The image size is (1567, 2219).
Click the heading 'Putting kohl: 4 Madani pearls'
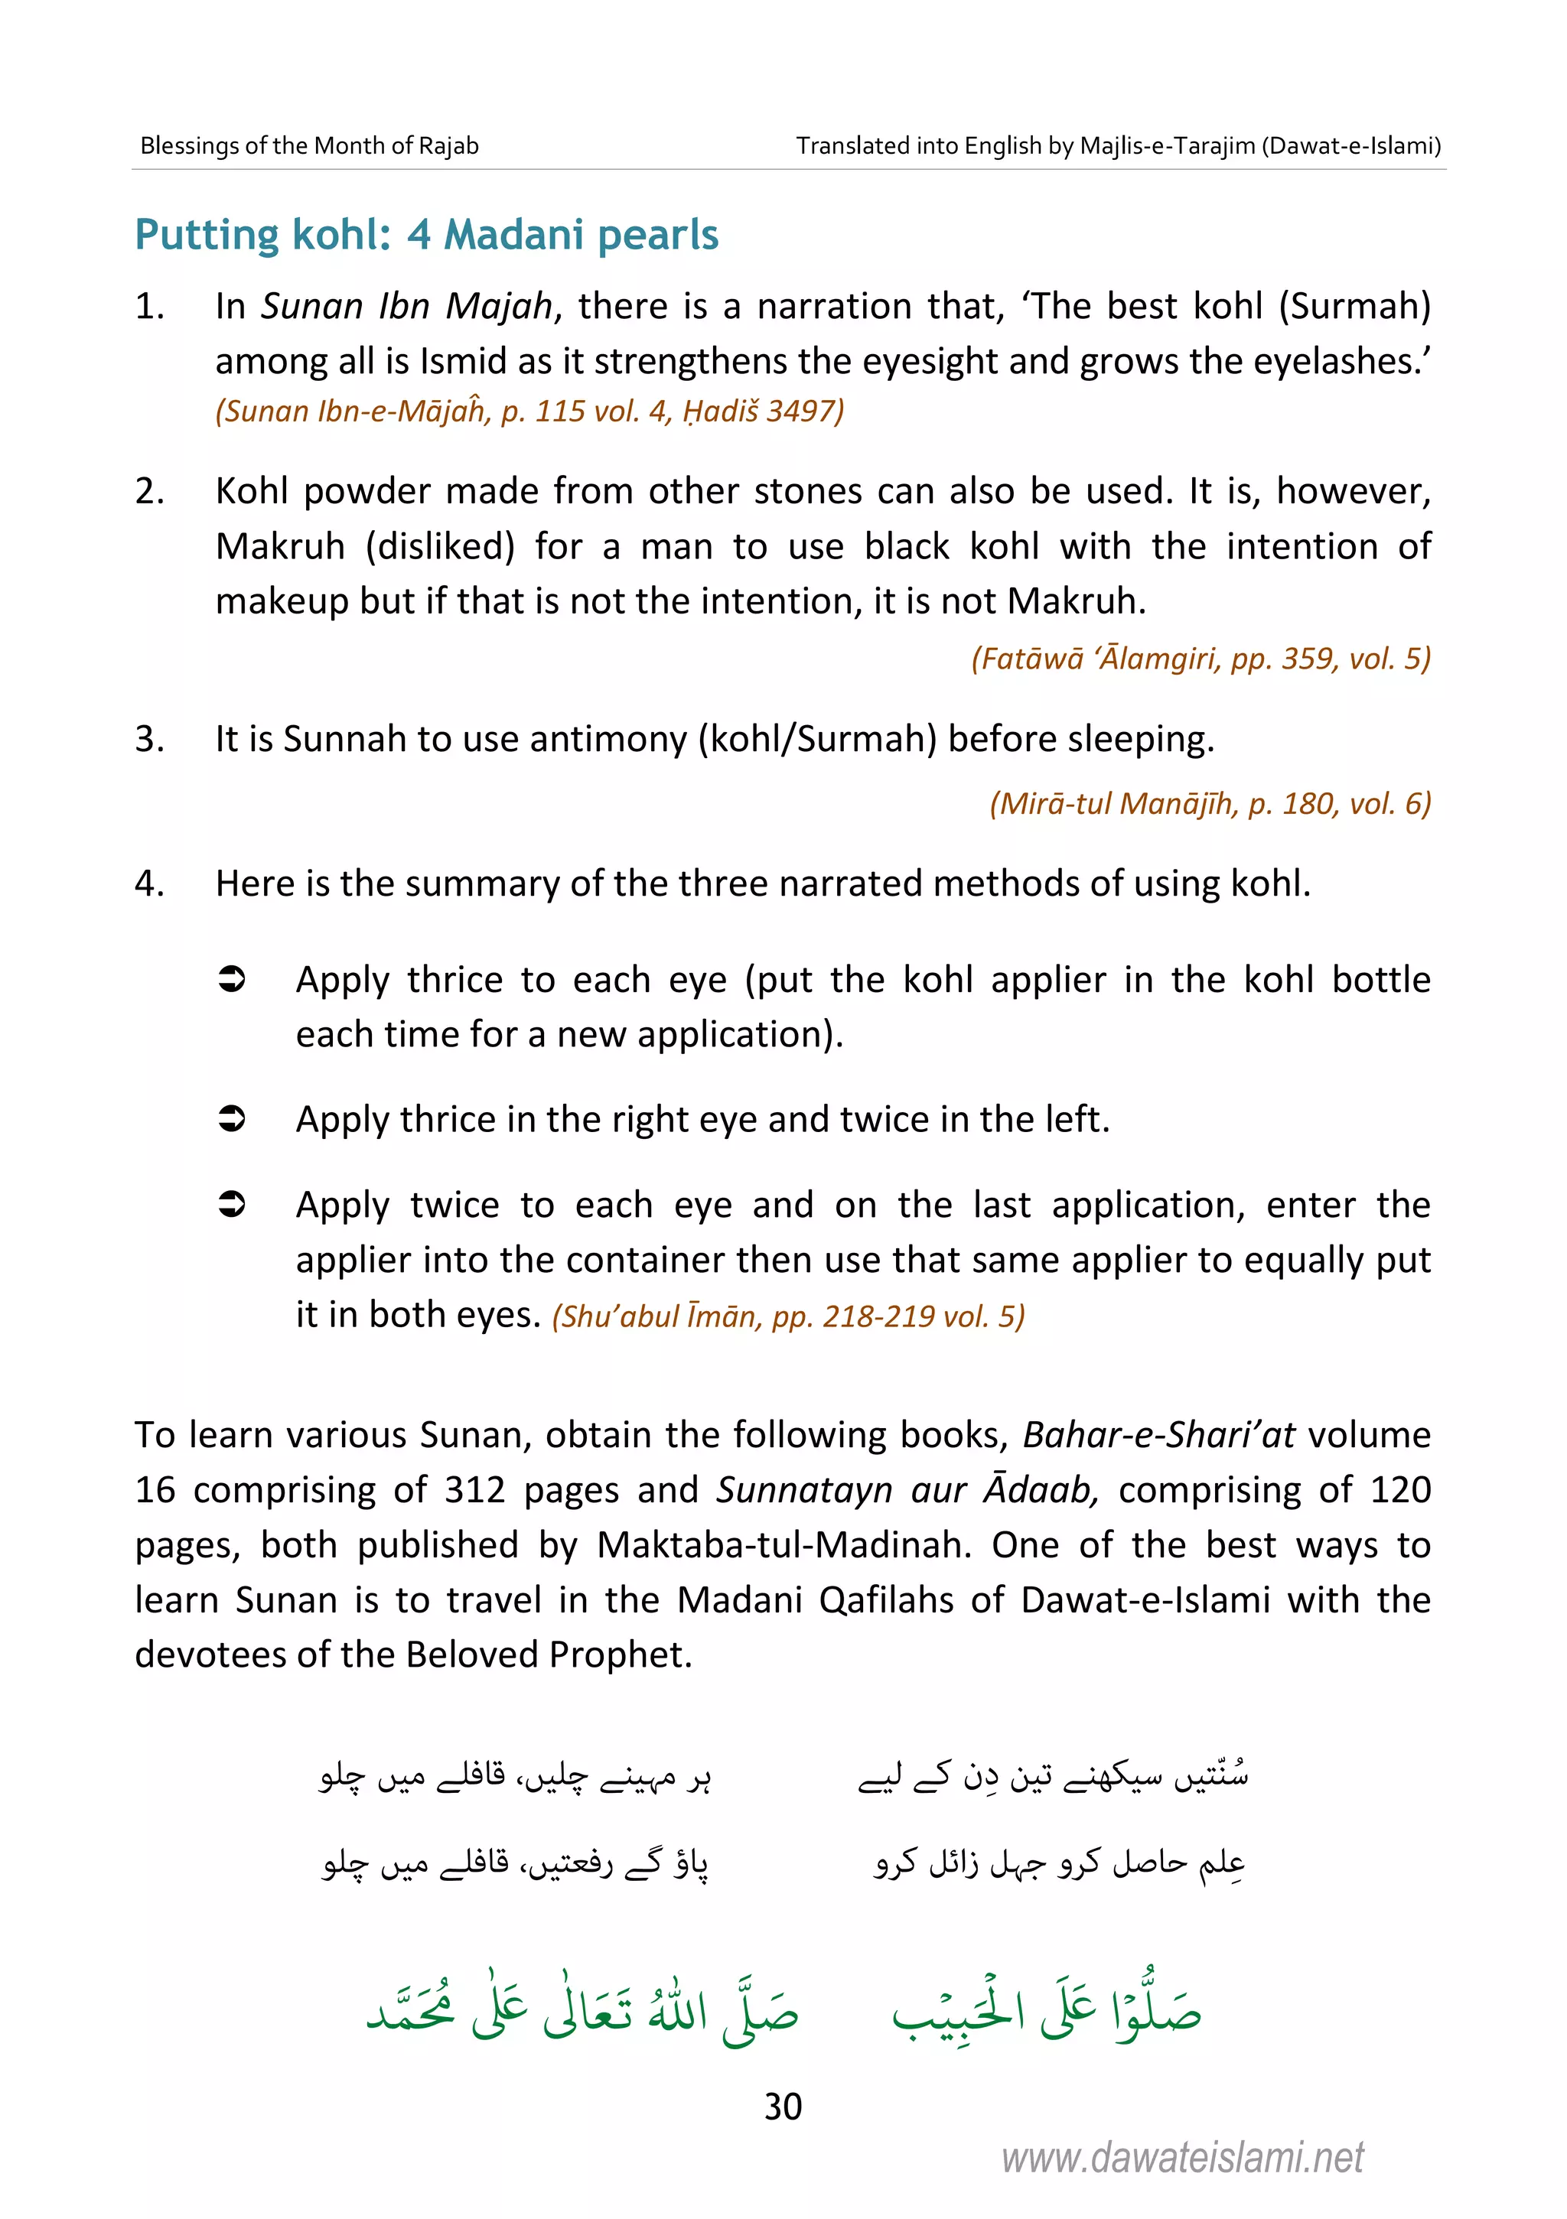[426, 235]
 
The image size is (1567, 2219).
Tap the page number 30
[782, 2106]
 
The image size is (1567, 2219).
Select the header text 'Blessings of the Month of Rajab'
[309, 146]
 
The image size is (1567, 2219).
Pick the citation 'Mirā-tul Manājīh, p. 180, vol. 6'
[1210, 803]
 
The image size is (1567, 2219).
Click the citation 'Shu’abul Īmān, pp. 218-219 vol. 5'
[788, 1316]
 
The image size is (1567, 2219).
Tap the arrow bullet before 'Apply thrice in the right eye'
[232, 1119]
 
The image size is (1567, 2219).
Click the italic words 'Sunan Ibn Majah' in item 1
[406, 307]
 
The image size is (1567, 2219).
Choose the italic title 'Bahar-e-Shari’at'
[1158, 1435]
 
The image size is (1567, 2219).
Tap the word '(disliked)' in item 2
[440, 547]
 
